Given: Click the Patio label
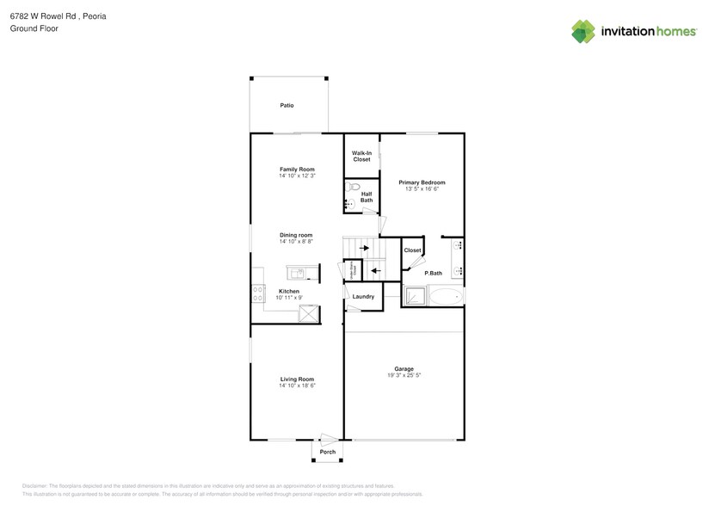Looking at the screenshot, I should tap(287, 106).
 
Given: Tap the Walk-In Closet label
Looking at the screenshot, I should tap(361, 156).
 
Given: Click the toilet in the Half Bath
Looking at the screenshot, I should tap(350, 187).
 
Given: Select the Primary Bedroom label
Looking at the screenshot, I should tap(422, 182).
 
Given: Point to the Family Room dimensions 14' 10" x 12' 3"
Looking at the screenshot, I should tap(297, 176).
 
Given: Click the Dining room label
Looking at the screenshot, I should tap(296, 235).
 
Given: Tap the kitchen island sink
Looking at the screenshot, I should tap(297, 274).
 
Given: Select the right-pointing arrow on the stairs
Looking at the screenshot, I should tap(364, 249).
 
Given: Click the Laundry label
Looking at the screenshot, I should tap(363, 297).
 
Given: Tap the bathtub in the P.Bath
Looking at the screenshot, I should tap(446, 298).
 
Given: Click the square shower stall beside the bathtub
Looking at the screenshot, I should tap(416, 298).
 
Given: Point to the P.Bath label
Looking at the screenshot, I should tap(434, 273).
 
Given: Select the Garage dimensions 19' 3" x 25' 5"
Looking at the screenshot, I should tap(404, 376).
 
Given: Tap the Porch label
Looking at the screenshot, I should tap(327, 452).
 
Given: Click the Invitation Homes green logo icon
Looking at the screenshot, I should tap(583, 32).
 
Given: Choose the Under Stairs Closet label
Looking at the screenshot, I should tap(351, 269).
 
